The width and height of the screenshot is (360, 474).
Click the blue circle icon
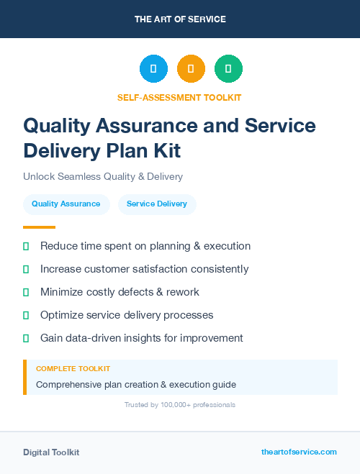point(153,69)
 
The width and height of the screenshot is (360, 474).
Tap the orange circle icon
point(191,69)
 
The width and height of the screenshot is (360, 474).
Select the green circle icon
point(228,69)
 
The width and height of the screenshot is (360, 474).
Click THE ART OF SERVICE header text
point(180,19)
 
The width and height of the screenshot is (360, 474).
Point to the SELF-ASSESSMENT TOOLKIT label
point(179,97)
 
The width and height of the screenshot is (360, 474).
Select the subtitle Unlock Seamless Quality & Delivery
point(103,176)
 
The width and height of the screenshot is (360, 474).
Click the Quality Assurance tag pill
point(66,204)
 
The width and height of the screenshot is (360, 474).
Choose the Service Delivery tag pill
point(157,204)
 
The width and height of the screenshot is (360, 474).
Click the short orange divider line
point(35,227)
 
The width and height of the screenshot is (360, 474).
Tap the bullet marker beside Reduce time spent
point(26,246)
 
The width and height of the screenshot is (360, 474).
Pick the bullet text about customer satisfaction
point(144,269)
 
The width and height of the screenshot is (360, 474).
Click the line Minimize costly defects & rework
point(120,292)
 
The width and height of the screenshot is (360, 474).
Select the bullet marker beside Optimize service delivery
point(26,315)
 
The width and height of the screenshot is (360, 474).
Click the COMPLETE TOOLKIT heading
point(73,368)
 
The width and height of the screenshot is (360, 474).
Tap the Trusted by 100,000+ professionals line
point(180,405)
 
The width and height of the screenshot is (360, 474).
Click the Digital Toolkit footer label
point(51,452)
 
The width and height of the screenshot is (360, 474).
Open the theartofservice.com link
point(299,452)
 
